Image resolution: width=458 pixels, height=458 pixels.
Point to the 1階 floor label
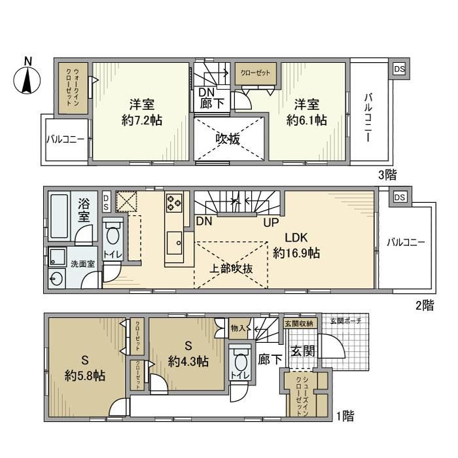tap(347, 415)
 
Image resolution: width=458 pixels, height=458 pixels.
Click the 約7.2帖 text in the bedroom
tap(141, 120)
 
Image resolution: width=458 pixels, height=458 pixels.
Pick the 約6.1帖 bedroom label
tap(306, 120)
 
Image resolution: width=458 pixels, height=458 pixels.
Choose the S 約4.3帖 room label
tap(188, 353)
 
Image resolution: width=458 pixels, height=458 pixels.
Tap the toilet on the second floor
tap(112, 237)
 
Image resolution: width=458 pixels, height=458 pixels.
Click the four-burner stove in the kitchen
tap(174, 202)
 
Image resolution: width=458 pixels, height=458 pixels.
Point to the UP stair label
tap(272, 222)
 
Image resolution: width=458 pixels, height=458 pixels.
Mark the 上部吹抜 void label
tap(232, 267)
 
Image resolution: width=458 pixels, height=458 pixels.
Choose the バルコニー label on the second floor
tap(405, 243)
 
